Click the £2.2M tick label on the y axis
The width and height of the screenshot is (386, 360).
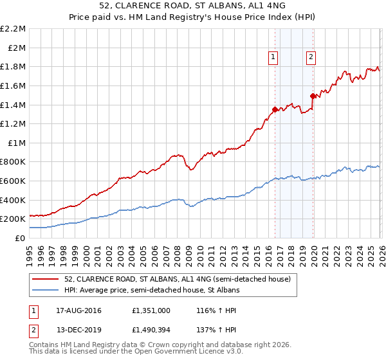pyautogui.click(x=13, y=29)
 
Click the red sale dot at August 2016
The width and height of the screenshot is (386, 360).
pyautogui.click(x=275, y=110)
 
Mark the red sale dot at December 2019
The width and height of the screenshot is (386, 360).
pyautogui.click(x=313, y=96)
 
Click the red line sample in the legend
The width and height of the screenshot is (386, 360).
pyautogui.click(x=45, y=279)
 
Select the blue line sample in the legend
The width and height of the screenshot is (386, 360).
pyautogui.click(x=45, y=291)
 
